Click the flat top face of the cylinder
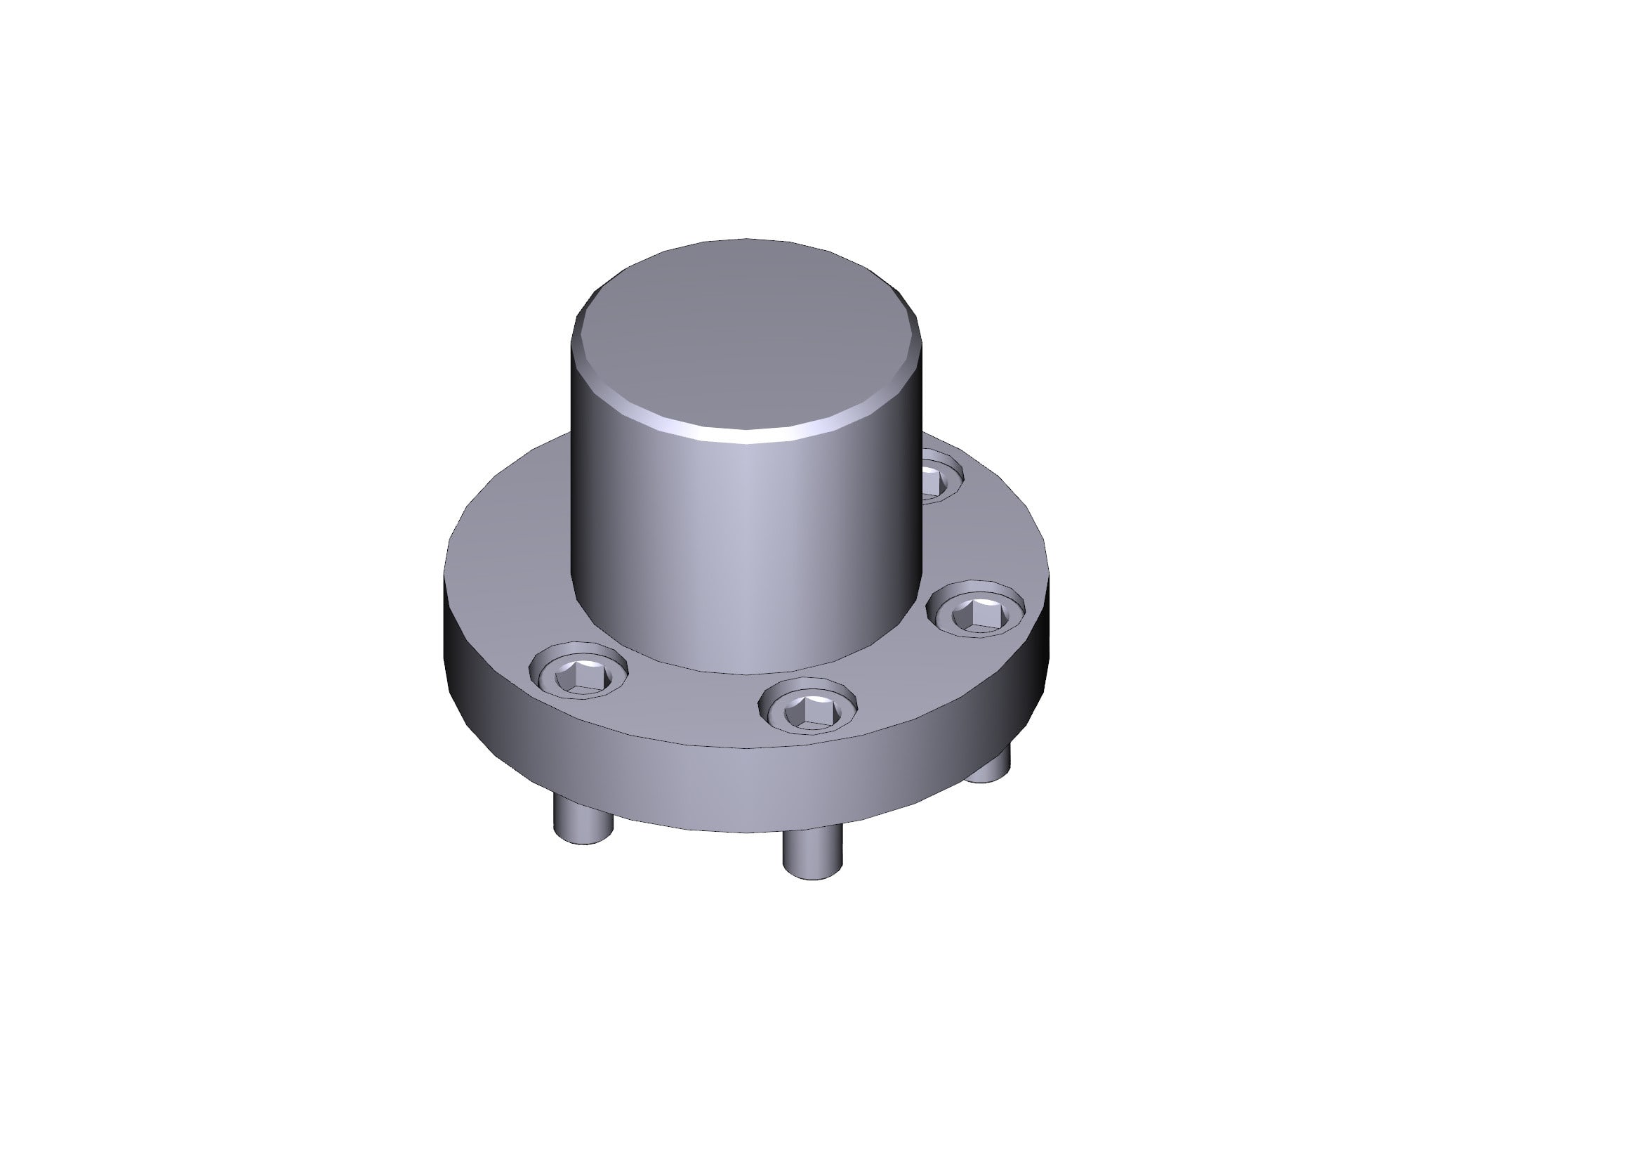click(748, 337)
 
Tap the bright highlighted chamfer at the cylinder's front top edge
click(748, 437)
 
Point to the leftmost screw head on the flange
click(578, 672)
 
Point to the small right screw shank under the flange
click(991, 766)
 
